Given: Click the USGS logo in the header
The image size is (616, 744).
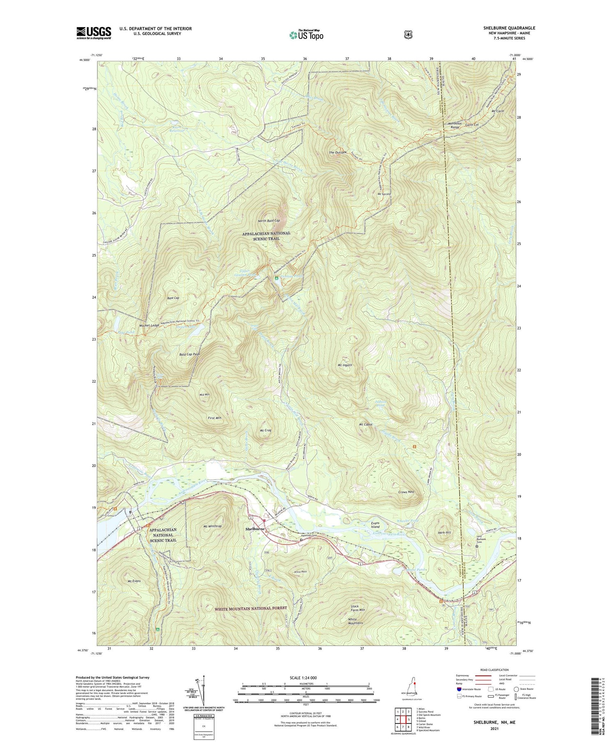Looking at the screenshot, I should (94, 33).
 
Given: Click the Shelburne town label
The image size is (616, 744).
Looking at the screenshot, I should (255, 529).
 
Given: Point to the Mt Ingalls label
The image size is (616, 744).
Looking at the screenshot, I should (345, 365).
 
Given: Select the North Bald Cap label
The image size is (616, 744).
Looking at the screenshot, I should (269, 221).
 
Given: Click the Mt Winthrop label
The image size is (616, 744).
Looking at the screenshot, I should (212, 526).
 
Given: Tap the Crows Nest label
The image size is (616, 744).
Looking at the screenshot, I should (406, 492).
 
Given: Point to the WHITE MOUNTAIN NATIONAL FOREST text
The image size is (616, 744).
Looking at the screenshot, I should (251, 608).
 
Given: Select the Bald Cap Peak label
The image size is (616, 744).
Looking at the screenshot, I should (189, 354).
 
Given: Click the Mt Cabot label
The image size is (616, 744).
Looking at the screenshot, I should (365, 424).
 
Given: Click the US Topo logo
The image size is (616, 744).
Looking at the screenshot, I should (306, 35).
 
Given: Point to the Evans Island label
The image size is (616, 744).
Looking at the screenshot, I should (375, 524).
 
